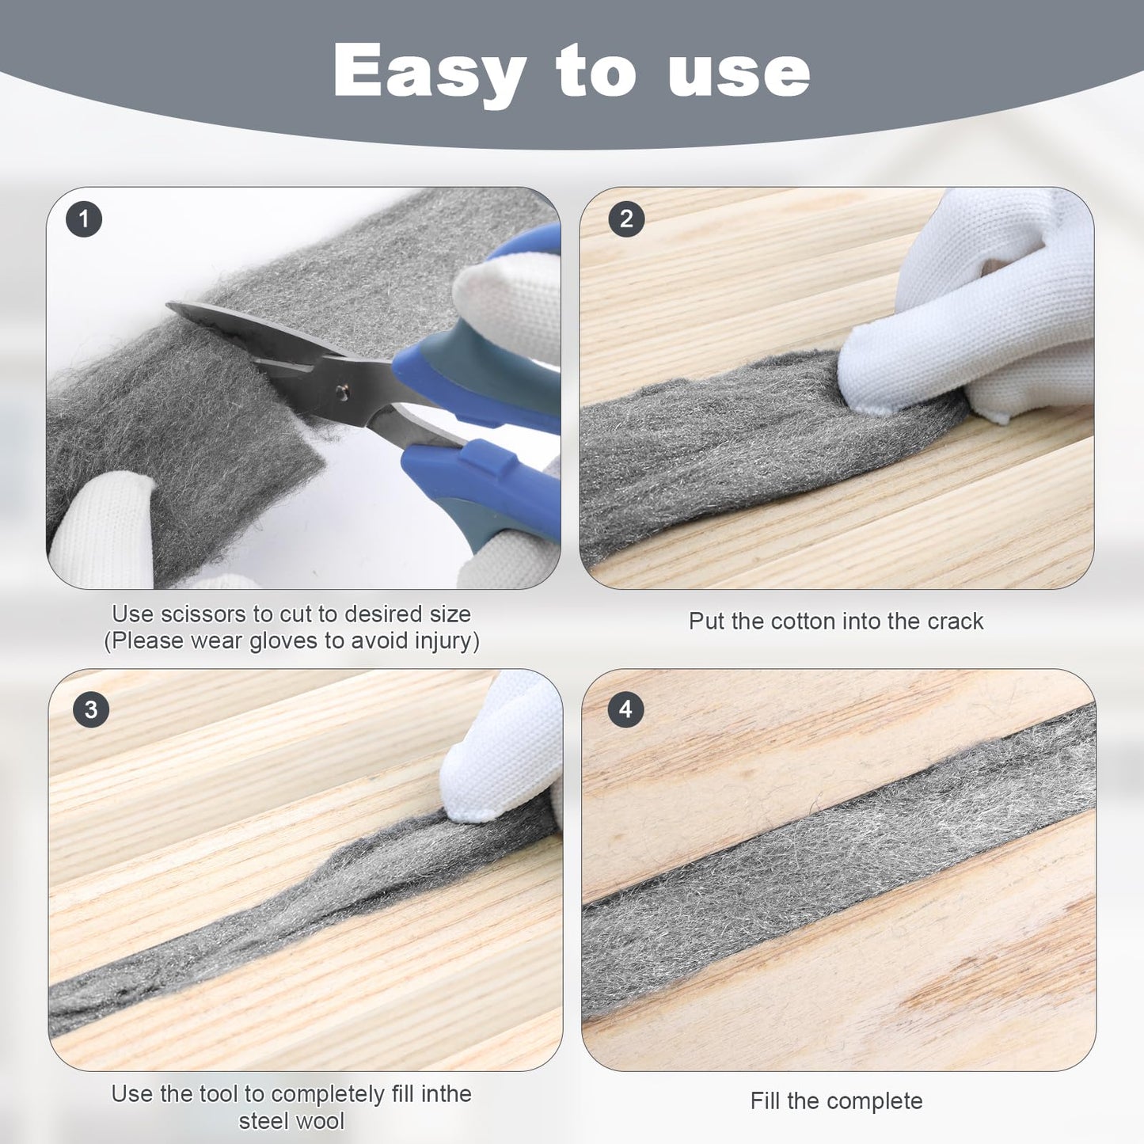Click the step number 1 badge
(84, 219)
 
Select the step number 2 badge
(626, 219)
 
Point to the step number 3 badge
(90, 709)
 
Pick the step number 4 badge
(625, 709)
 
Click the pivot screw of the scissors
(343, 390)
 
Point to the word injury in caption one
(439, 640)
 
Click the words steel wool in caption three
(291, 1121)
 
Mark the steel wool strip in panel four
(839, 863)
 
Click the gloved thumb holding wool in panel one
(103, 526)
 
